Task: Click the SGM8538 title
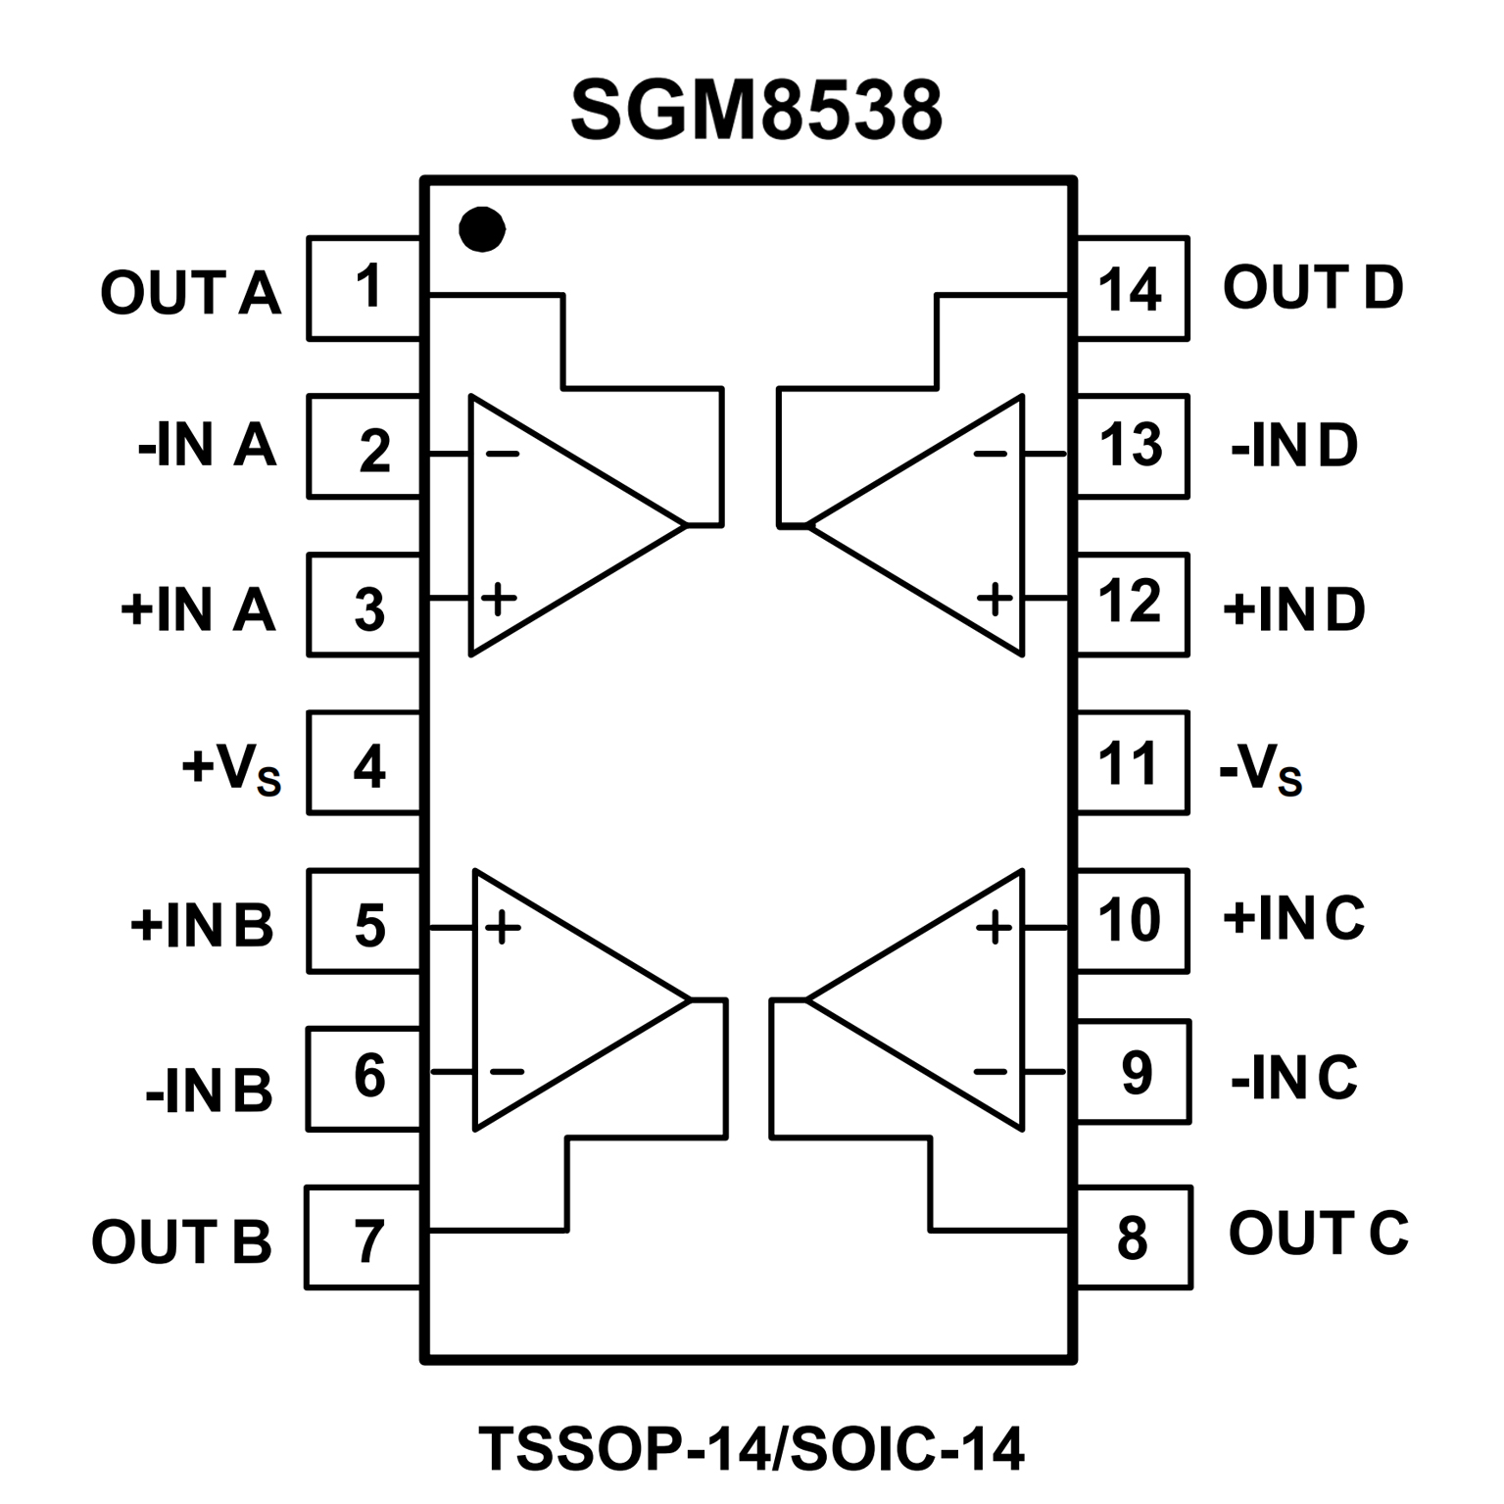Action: coord(755,111)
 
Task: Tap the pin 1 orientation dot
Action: coord(482,230)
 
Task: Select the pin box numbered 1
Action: coord(364,288)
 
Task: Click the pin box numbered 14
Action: coord(1132,289)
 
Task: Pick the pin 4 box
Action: coord(364,763)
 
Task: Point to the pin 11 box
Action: coord(1132,763)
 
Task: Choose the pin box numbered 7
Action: coord(364,1237)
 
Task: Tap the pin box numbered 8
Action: coord(1134,1237)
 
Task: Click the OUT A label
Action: coord(191,292)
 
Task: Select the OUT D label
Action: coord(1313,288)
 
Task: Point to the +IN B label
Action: coord(202,926)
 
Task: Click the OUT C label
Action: coord(1318,1233)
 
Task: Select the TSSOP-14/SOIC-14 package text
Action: coord(752,1448)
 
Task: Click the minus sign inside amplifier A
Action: coord(503,454)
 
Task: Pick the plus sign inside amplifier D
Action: coord(995,597)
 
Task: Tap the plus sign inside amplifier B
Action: coord(503,927)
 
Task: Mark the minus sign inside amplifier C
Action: coord(991,1071)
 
